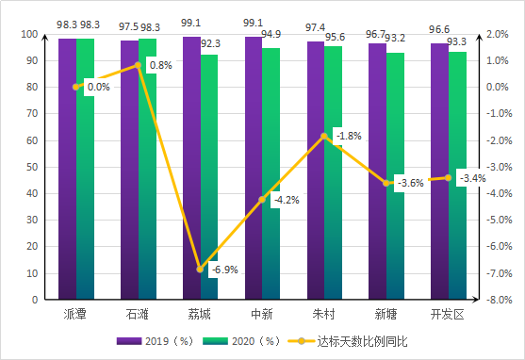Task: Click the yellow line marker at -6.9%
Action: click(x=200, y=270)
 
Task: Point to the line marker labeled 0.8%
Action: click(x=138, y=65)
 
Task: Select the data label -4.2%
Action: click(x=285, y=200)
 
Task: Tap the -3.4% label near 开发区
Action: click(x=470, y=178)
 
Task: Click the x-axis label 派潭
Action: click(x=75, y=313)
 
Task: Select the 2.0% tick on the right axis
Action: click(x=499, y=34)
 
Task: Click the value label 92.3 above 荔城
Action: click(x=210, y=43)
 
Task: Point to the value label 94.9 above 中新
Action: click(x=271, y=36)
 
